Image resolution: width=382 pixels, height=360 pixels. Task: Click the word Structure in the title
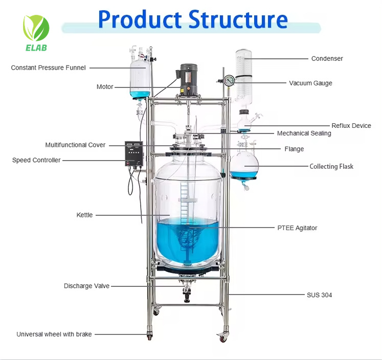238,19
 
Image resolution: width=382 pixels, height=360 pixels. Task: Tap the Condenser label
327,58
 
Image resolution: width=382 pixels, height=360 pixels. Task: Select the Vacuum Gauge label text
310,83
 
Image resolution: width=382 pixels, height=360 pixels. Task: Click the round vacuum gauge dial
229,80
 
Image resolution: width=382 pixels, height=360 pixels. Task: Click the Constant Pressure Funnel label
48,67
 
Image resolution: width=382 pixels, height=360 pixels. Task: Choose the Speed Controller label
36,160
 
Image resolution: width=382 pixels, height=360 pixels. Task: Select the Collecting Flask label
331,166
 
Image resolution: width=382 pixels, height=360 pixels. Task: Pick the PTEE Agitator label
297,228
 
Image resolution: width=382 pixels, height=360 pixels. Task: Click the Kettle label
84,215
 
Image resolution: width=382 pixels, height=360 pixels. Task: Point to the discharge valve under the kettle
187,291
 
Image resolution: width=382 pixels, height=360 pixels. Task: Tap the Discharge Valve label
86,286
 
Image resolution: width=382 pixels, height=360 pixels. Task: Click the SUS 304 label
319,295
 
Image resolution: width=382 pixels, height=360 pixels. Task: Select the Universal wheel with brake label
54,334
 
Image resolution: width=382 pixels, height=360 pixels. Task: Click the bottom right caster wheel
222,337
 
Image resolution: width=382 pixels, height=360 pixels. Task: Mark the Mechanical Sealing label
304,133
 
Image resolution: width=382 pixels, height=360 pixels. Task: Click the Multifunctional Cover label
75,145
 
